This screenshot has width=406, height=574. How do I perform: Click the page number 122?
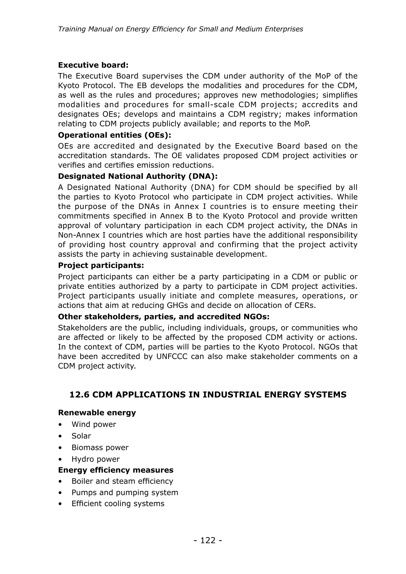pos(208,540)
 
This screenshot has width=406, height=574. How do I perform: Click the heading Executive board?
pos(93,65)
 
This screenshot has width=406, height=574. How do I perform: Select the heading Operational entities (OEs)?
pos(115,135)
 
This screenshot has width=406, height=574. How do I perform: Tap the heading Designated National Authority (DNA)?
pos(138,176)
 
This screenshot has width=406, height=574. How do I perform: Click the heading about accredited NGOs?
pos(164,317)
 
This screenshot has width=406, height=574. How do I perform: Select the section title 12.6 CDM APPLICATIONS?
pos(208,394)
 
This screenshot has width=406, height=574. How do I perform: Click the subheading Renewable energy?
pos(97,412)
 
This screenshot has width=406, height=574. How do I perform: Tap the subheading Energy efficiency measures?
pos(116,470)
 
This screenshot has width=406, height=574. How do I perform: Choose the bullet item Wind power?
pos(94,424)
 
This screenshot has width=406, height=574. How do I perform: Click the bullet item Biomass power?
pos(100,447)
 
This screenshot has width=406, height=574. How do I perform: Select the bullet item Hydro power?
pos(96,459)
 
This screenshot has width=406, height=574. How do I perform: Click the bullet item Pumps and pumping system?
pos(125,492)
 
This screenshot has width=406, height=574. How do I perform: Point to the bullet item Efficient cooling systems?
pos(118,503)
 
